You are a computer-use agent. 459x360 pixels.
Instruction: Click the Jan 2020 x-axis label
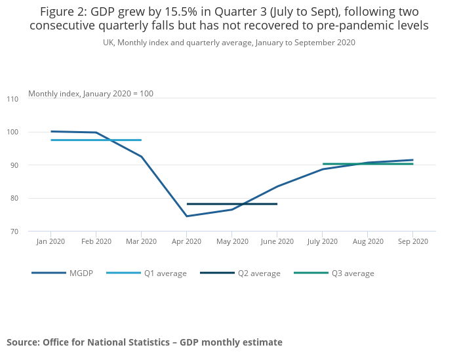50,241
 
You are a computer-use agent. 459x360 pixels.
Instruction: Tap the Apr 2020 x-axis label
186,241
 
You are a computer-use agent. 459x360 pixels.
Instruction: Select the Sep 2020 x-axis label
412,241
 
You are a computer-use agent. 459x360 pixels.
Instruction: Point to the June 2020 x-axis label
277,241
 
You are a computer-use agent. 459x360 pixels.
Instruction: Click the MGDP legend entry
81,273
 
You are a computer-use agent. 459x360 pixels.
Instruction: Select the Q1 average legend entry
165,273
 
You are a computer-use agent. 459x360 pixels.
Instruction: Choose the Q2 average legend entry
258,273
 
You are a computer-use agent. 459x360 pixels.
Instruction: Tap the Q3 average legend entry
352,273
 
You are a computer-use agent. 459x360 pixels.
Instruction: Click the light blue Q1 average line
118,140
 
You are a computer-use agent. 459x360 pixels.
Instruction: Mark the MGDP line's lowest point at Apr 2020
186,216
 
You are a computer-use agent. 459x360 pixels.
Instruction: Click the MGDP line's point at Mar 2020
141,157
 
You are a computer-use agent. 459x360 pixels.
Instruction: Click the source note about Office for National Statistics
144,342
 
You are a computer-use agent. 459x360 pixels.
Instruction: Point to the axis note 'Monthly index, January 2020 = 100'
90,94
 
